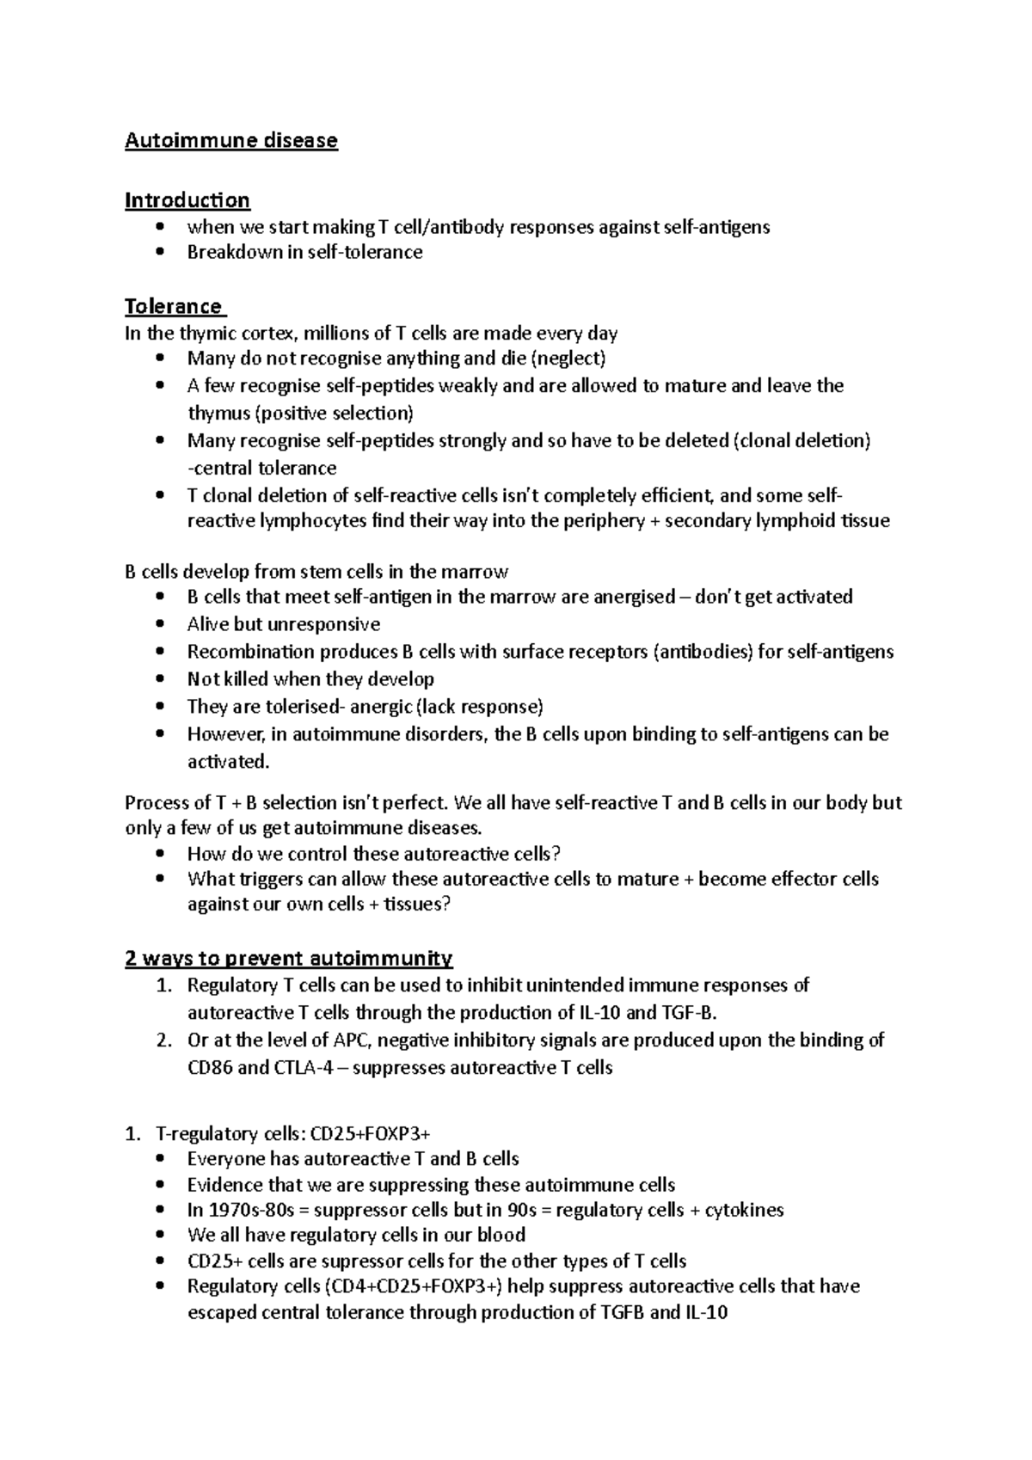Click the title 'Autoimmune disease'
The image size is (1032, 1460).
231,140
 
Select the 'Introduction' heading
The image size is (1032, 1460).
187,200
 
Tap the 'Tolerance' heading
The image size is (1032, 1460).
173,306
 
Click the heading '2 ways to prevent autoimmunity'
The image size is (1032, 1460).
289,958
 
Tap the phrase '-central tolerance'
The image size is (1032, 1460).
261,469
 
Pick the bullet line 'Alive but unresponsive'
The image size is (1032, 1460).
284,624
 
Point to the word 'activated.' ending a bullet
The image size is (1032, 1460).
228,762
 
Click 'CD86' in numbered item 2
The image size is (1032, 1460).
209,1068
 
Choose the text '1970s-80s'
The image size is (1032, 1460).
248,1211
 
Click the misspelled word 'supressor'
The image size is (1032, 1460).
328,1261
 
